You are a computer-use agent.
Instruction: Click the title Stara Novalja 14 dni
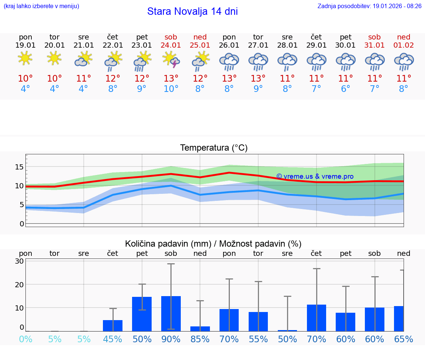tap(192, 11)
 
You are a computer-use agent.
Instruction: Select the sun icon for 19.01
tap(25, 58)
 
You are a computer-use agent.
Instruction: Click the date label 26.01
tap(229, 45)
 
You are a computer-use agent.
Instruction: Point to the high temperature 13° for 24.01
tap(171, 78)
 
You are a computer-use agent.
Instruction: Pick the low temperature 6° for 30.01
tap(345, 89)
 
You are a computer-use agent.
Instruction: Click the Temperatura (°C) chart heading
tap(214, 148)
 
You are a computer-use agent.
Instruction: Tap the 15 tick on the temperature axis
tap(19, 167)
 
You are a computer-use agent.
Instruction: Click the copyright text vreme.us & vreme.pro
tap(315, 176)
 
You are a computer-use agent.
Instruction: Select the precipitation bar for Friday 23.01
tap(142, 314)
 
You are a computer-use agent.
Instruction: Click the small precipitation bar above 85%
tap(200, 329)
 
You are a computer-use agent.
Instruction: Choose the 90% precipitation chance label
tap(171, 339)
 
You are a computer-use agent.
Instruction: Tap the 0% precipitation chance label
tap(25, 339)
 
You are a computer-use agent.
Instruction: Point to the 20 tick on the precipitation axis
tap(19, 284)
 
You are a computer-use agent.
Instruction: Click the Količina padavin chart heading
tap(213, 244)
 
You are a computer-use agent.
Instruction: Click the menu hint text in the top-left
tap(41, 6)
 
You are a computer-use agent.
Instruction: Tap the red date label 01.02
tap(404, 45)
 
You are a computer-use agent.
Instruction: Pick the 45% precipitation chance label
tap(113, 339)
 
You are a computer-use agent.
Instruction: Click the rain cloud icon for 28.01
tap(287, 61)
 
